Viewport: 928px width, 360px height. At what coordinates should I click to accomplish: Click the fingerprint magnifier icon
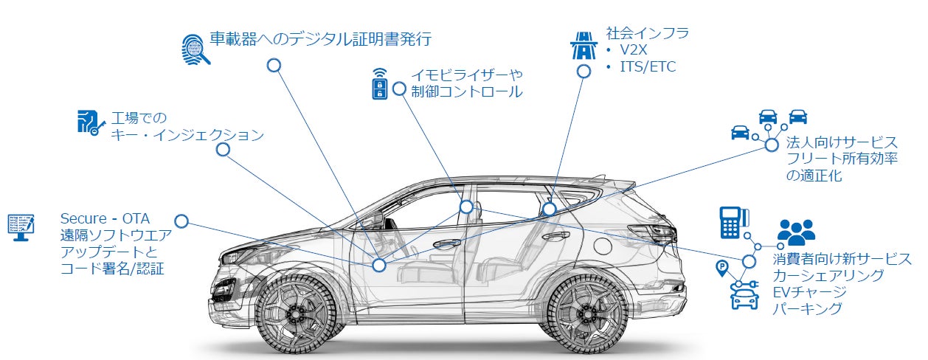[195, 49]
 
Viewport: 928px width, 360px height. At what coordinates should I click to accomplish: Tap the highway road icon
[584, 45]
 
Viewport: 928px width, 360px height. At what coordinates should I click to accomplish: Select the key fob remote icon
[379, 83]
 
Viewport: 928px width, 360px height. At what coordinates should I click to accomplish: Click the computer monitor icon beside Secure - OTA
[21, 227]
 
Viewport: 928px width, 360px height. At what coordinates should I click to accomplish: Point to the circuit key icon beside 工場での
[91, 122]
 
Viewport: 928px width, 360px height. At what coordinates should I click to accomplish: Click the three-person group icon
[796, 232]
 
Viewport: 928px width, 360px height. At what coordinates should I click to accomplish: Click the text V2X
[633, 49]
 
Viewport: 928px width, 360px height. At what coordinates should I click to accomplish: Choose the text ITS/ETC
[648, 66]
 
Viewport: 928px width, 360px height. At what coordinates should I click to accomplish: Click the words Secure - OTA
[105, 218]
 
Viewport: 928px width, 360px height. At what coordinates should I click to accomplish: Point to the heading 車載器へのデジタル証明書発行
[321, 39]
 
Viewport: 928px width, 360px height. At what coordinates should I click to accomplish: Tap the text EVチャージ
[809, 292]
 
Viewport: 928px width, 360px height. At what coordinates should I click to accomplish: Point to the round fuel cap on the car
[603, 245]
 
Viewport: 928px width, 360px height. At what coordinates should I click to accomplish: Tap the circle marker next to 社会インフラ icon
[584, 72]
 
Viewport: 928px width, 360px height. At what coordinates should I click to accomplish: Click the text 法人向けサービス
[842, 142]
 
